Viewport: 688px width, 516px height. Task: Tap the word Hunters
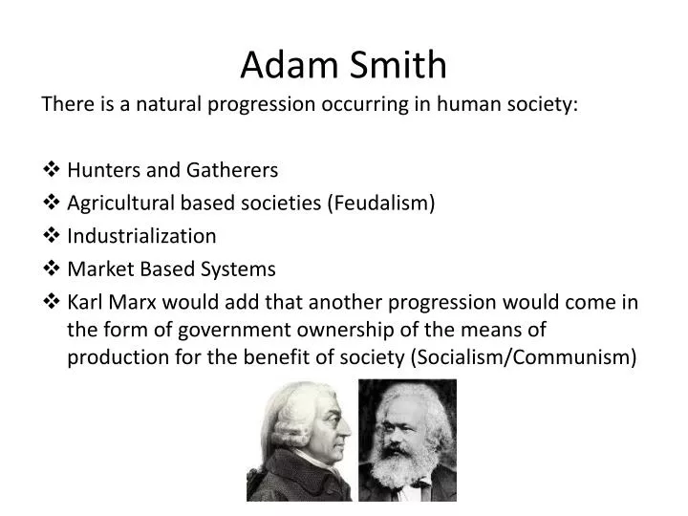point(103,170)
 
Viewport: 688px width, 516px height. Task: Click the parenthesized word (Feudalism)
point(381,203)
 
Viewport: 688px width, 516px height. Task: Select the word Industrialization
point(141,235)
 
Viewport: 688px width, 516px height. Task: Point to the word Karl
point(87,302)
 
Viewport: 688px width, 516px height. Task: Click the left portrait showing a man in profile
point(299,440)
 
